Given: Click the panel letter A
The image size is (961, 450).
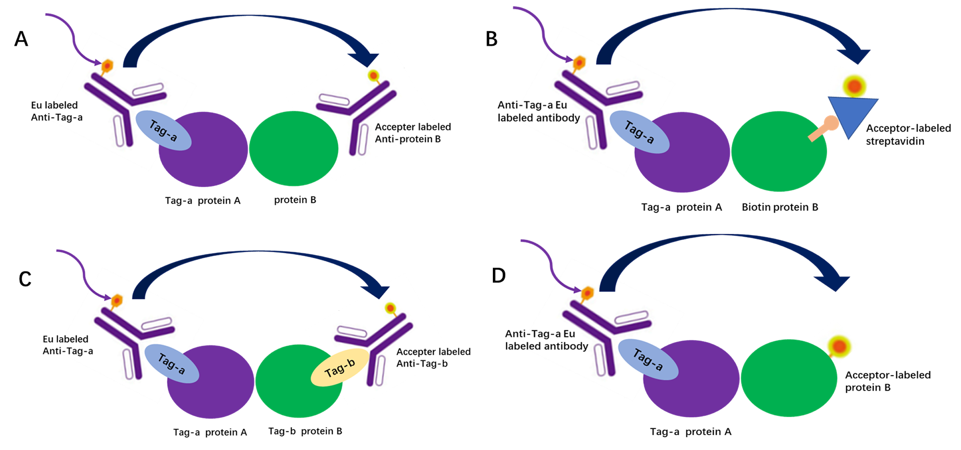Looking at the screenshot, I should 21,39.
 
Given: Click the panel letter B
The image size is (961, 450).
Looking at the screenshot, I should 492,39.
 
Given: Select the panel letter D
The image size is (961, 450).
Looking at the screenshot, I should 499,275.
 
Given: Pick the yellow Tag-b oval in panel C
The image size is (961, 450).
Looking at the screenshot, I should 340,368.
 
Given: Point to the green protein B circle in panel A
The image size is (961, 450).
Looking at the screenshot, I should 293,149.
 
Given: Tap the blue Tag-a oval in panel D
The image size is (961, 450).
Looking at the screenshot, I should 648,360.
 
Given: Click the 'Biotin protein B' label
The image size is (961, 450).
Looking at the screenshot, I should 780,207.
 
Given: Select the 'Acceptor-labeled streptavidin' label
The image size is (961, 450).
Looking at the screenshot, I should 908,135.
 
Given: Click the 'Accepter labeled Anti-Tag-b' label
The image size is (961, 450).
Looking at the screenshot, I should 433,357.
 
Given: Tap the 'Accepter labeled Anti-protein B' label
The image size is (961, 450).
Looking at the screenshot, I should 413,133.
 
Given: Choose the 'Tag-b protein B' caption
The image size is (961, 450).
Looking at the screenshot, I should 305,431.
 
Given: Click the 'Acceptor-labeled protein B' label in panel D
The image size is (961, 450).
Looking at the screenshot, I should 887,381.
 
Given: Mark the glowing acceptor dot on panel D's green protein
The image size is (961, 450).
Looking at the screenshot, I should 839,346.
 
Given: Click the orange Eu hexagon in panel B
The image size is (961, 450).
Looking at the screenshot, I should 579,63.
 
